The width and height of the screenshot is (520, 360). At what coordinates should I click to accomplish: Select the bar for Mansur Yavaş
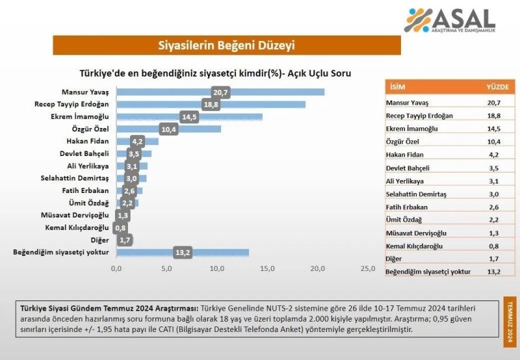220,92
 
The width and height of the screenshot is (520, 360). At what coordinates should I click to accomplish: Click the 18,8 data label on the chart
211,104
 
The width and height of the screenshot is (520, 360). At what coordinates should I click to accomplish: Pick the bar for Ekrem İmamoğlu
189,117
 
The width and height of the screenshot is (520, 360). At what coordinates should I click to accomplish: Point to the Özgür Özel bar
168,129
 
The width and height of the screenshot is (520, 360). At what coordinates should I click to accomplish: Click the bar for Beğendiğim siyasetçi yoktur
182,252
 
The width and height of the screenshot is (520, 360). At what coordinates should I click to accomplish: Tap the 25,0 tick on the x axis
367,268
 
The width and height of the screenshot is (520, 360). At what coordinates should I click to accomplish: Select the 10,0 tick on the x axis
218,268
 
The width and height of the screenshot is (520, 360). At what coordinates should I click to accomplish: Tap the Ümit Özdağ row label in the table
404,220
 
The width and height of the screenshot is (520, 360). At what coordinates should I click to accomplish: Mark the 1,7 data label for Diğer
125,240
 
